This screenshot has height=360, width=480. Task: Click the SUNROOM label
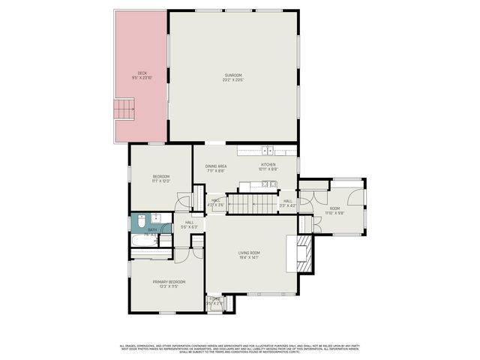coord(233,74)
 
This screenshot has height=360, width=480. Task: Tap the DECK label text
coord(142,73)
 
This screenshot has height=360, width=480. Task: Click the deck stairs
coord(124,109)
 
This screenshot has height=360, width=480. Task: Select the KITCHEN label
coord(268,165)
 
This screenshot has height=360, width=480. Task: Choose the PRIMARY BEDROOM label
coord(169,281)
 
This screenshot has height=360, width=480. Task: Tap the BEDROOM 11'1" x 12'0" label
coord(161,177)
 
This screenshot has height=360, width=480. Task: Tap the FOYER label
coord(215,298)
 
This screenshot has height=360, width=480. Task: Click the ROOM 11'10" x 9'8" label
coord(334,208)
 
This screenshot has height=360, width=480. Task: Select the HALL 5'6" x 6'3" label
coord(189,222)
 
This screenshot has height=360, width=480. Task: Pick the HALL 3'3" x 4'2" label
coord(287,201)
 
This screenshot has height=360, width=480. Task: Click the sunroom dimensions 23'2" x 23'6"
coord(233,79)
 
